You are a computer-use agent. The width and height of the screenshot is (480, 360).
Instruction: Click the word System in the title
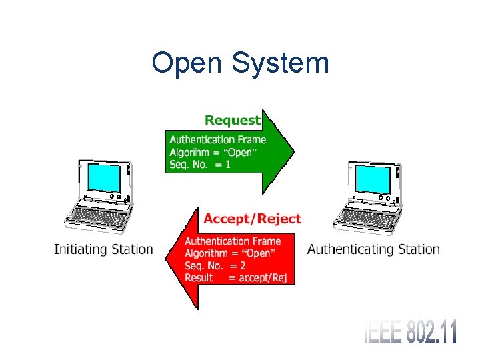coord(279,64)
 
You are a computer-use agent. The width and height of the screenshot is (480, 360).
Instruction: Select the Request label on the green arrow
coord(232,121)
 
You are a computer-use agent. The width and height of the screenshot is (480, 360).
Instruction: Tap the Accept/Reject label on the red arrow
coord(252,219)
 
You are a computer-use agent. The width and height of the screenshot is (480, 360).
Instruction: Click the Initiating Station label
coord(103,250)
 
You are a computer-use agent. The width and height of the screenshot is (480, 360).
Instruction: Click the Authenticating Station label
coord(373,250)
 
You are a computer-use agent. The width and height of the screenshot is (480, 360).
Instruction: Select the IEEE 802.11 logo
coord(411,331)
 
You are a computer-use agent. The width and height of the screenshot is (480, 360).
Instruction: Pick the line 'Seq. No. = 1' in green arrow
coord(200,165)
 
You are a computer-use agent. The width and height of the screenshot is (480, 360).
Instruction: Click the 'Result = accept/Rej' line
coord(235,278)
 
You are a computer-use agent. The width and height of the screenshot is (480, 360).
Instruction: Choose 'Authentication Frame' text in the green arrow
coord(217,140)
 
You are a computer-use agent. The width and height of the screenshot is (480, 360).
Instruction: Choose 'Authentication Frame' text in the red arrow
coord(233,241)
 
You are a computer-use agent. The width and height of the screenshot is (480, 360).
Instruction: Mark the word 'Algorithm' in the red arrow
coord(206,253)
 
